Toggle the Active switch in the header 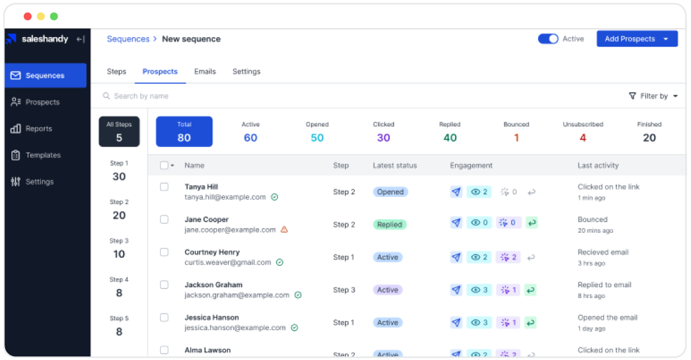(548, 39)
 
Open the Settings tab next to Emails (246, 72)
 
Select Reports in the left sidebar (38, 129)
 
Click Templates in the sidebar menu (43, 155)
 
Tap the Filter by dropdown (653, 96)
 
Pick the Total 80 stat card (184, 132)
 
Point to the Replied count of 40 (450, 137)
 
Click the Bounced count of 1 (516, 137)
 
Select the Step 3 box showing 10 (119, 248)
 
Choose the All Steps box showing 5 (119, 132)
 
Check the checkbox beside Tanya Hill (164, 187)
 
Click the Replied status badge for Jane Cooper (390, 224)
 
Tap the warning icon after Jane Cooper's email (284, 230)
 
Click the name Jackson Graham (214, 285)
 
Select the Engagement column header (471, 165)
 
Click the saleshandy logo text (45, 39)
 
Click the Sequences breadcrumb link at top (128, 39)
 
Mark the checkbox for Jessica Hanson (164, 317)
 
